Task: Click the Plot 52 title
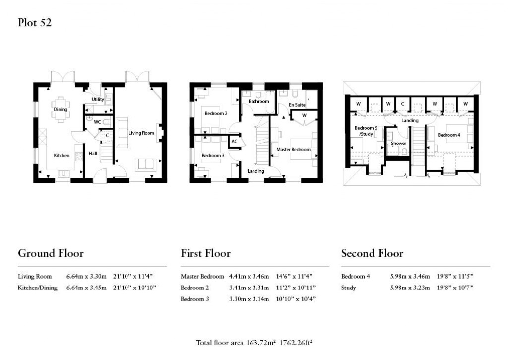click(35, 23)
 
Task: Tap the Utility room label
click(98, 100)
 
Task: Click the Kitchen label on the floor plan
click(62, 156)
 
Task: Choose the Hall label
click(93, 154)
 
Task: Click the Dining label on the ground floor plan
click(61, 110)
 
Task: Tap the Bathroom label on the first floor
click(258, 102)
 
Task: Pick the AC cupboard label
click(235, 141)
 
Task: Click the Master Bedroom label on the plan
click(294, 150)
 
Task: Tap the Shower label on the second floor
click(398, 144)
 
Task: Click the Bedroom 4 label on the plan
click(448, 135)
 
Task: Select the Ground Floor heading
click(51, 253)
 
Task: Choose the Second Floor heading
click(372, 253)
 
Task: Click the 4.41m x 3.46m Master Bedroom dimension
click(249, 276)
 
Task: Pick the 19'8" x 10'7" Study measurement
click(452, 288)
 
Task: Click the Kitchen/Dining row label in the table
click(37, 288)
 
